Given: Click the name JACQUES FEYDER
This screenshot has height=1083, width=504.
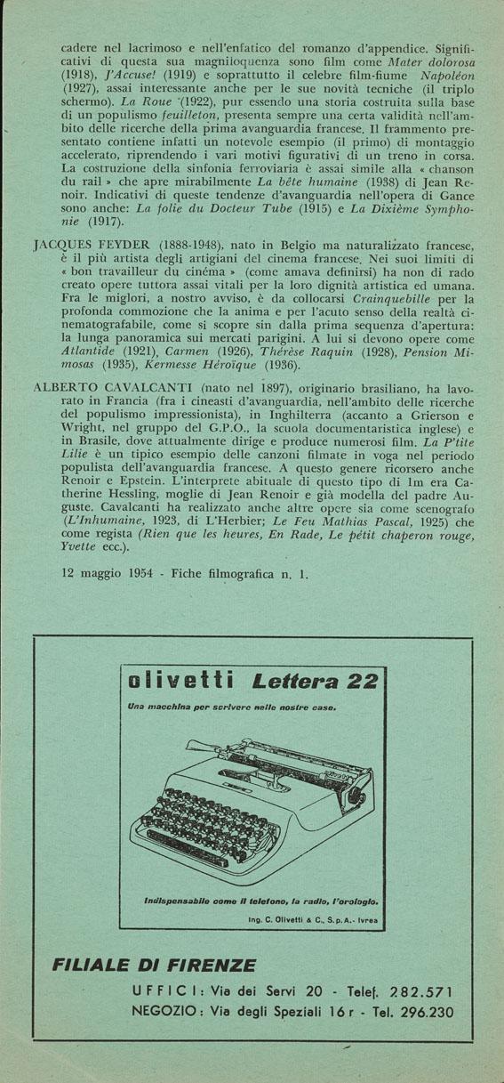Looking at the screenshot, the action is point(82,243).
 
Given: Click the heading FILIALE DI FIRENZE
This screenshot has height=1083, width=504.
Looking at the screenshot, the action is point(155,966).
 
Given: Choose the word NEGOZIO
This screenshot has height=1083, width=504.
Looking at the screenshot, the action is point(172,1012).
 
